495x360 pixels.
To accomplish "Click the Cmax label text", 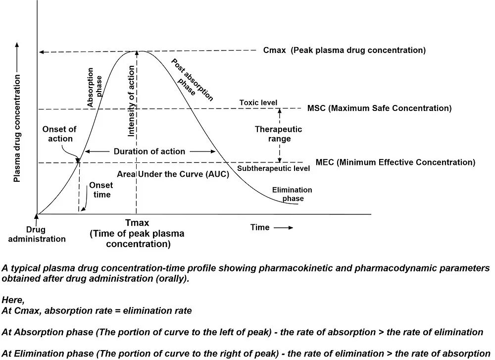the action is (274, 50).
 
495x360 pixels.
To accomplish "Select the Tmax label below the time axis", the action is (137, 223).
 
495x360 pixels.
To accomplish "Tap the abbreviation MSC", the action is (316, 108).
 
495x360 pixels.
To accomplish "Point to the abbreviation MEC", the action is (325, 162).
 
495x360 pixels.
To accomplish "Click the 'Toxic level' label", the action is (258, 103).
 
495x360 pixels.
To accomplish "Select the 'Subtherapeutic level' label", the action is (273, 168).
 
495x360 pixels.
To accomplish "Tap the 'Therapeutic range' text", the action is (278, 134).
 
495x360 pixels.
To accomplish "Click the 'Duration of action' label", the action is (149, 152).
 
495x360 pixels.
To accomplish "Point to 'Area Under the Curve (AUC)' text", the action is (173, 174).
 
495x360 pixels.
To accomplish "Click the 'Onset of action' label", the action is (59, 134).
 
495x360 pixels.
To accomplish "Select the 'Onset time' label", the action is (101, 190).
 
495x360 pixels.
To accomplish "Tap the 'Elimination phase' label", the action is (292, 194).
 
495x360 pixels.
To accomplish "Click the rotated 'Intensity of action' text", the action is (131, 101).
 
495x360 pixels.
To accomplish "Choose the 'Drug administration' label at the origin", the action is (37, 234).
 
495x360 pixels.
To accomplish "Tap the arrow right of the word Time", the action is (284, 228).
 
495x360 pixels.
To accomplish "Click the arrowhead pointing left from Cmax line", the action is (42, 52).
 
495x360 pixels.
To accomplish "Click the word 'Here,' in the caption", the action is (13, 300).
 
